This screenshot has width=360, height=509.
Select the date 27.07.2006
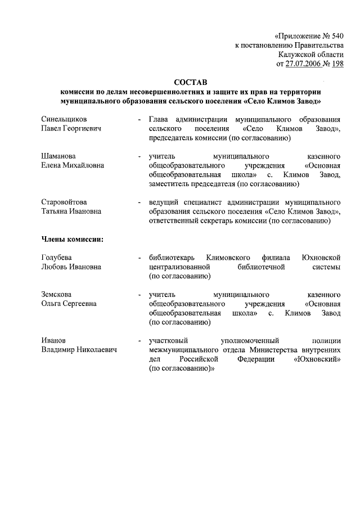tap(304, 64)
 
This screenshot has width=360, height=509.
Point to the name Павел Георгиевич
tap(70, 129)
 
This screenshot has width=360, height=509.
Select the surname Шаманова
tap(58, 156)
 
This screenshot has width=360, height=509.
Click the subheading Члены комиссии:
tap(71, 238)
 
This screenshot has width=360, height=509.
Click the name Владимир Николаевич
tap(79, 350)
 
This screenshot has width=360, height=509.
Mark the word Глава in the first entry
tap(159, 120)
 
